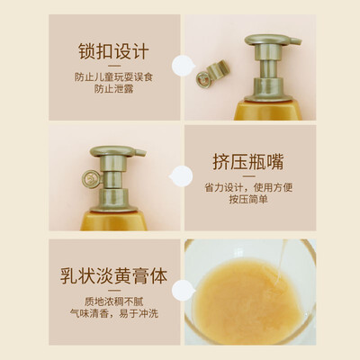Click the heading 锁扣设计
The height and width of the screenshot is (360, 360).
point(113,51)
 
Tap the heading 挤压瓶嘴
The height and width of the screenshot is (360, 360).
point(248,162)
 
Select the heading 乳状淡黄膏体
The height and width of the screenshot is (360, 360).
point(113,276)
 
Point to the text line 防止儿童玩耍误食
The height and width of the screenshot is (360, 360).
point(113,77)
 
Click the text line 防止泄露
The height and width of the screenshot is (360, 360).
point(113,89)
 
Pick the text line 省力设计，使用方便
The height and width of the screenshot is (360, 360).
point(248,188)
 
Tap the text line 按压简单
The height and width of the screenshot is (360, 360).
point(248,199)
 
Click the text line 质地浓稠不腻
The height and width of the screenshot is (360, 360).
point(113,301)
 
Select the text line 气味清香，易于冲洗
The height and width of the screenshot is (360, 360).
point(113,313)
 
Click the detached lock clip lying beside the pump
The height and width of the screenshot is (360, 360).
point(212,74)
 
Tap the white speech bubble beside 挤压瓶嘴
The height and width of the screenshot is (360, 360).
point(181,176)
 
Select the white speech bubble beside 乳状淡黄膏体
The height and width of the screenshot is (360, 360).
point(184,290)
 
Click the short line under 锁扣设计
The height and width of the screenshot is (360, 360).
point(114,66)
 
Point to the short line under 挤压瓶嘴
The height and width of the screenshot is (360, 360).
point(248,176)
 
